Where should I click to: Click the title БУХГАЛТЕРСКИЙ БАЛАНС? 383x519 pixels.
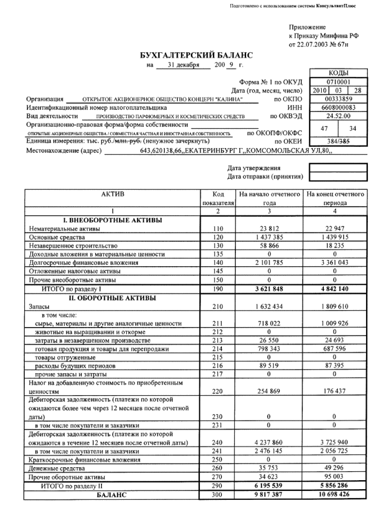pos(196,55)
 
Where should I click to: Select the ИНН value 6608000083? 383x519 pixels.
pos(338,107)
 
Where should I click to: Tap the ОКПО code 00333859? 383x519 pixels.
pos(338,99)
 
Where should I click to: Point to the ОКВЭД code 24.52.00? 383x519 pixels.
pos(338,116)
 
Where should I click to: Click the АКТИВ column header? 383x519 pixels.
pos(112,194)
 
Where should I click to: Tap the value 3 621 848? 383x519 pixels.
pos(269,288)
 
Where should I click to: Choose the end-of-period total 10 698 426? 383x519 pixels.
pos(335,495)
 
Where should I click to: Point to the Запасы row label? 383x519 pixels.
pos(40,307)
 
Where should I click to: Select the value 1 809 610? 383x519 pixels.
pos(335,307)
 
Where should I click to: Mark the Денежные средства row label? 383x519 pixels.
pos(56,468)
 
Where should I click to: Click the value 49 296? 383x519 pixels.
pos(335,468)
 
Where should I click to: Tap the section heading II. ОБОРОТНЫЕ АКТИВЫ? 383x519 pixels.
pos(112,298)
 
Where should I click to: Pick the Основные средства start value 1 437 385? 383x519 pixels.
pos(269,238)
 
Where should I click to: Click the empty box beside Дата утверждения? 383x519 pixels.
pos(337,167)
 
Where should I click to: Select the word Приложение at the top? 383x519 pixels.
pos(308,26)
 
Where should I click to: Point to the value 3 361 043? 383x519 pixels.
pos(335,262)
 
